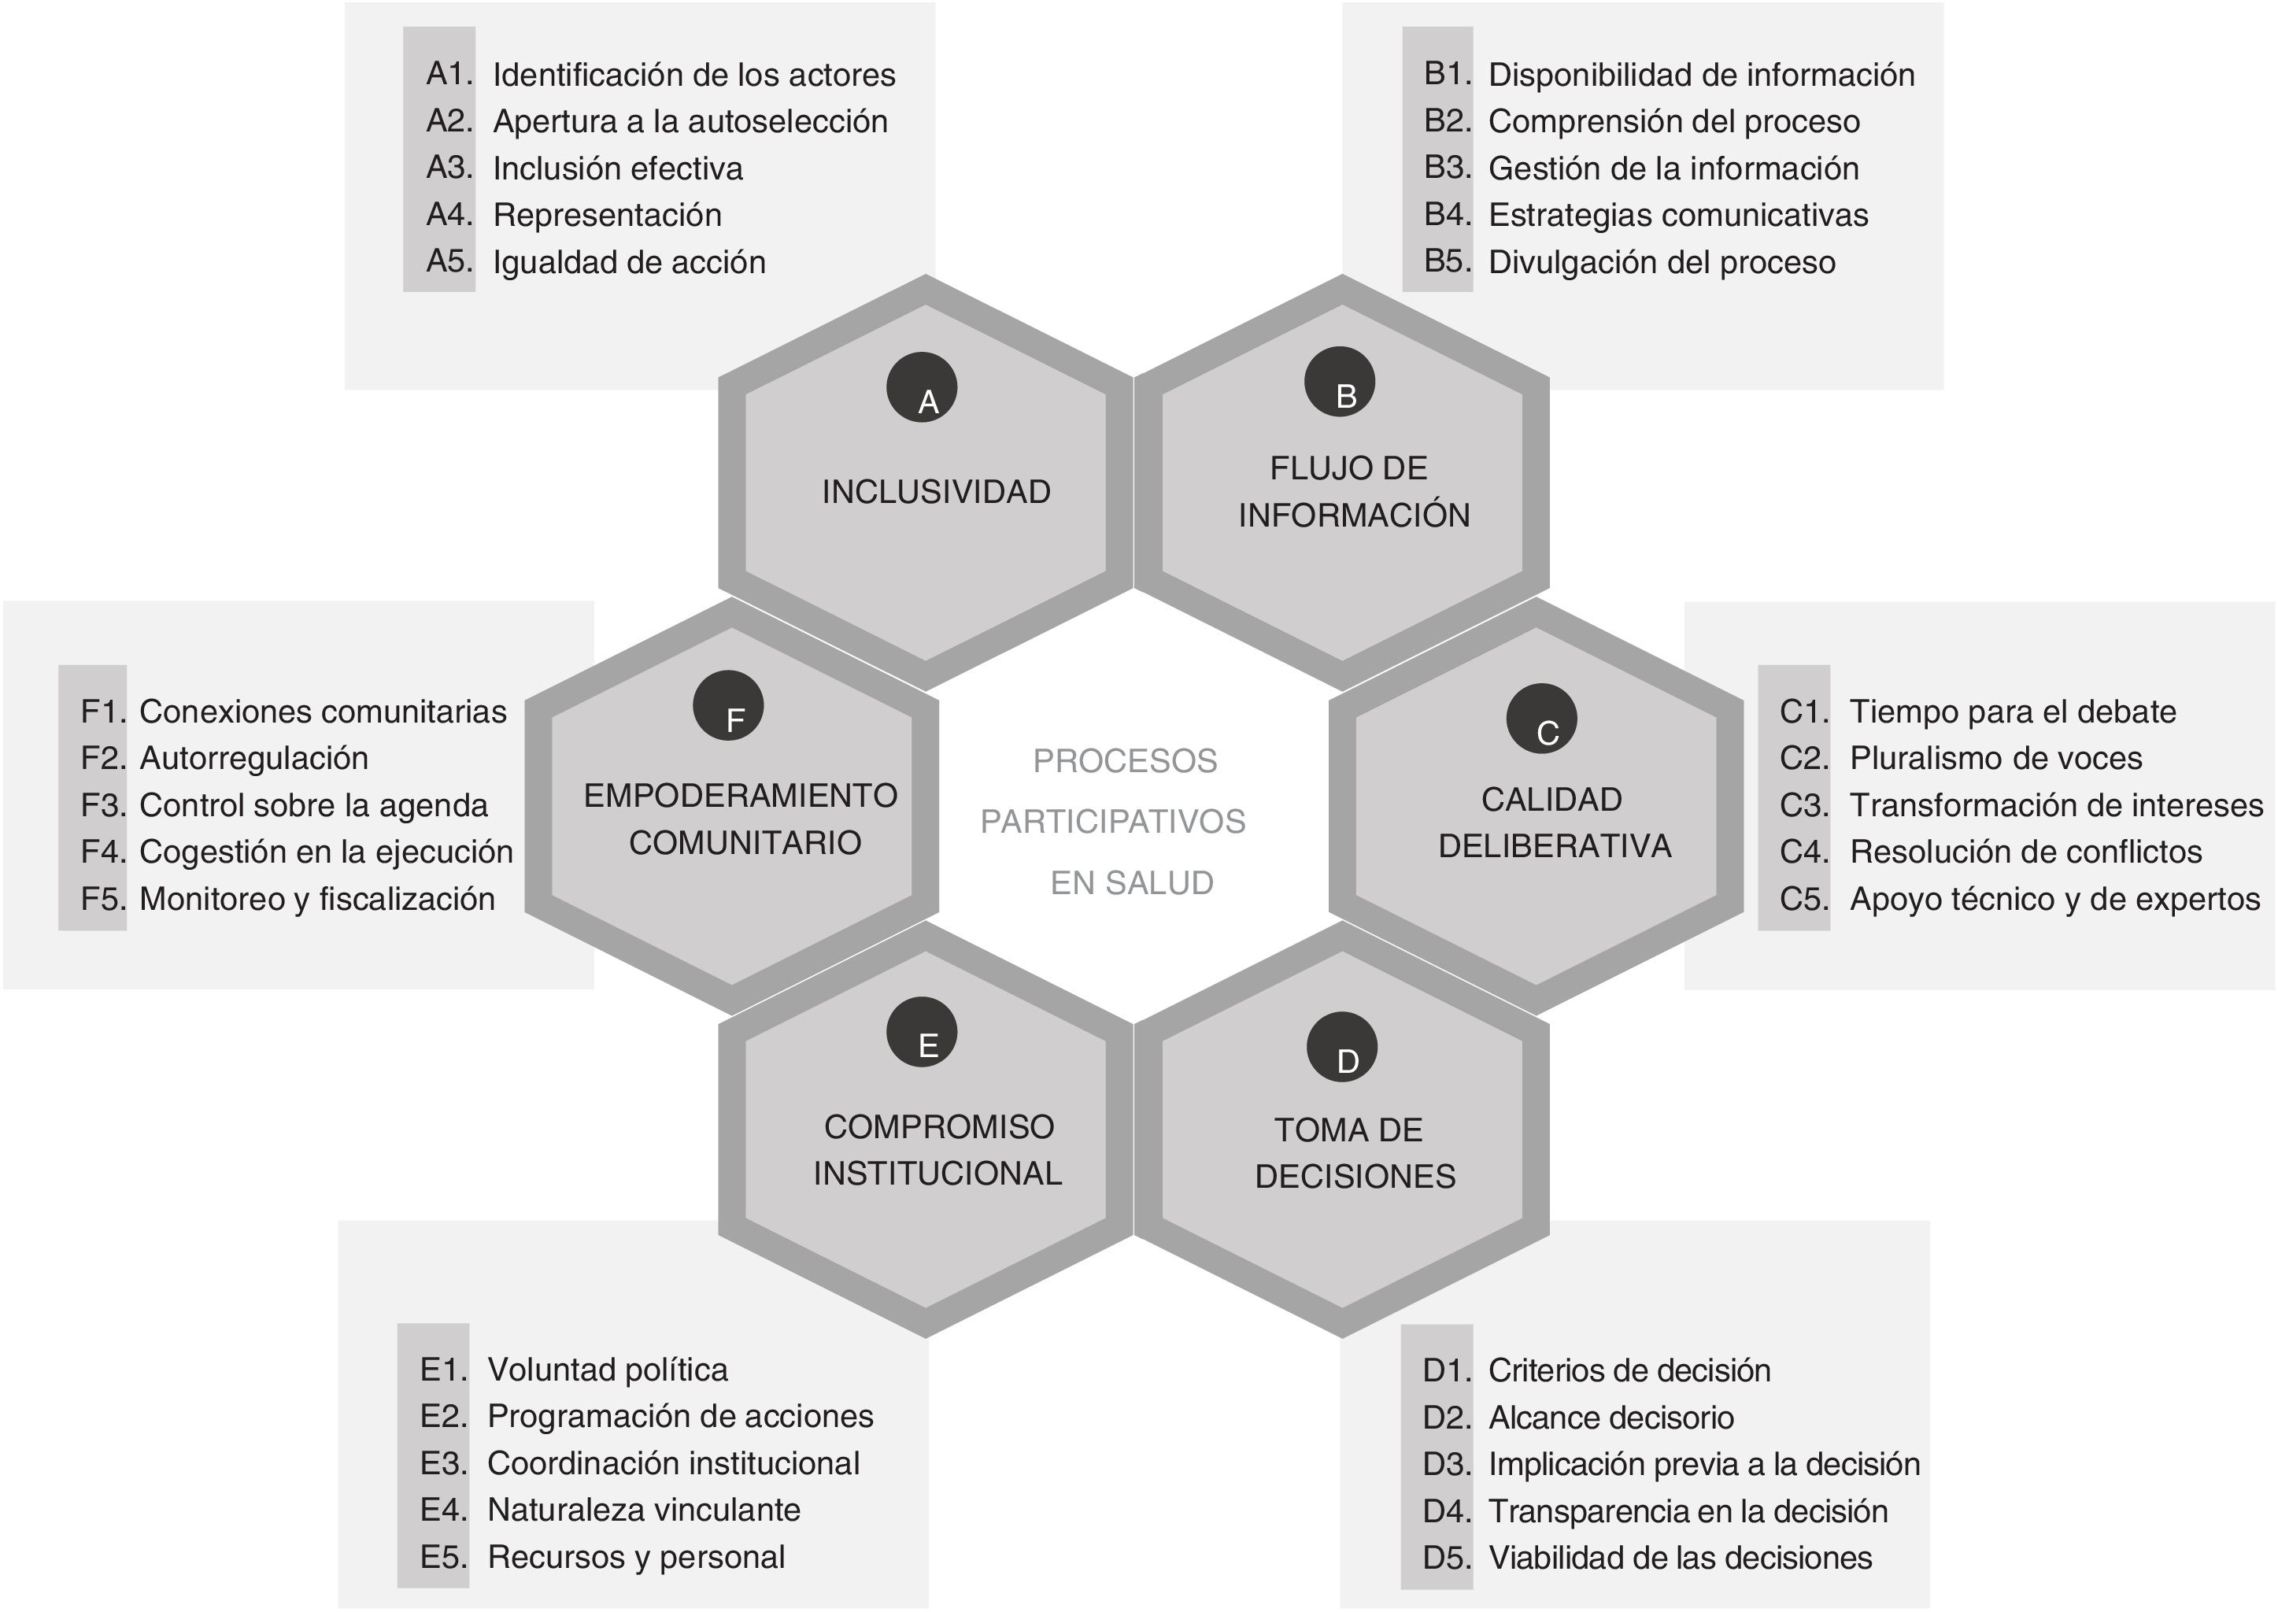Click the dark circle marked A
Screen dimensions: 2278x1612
click(921, 388)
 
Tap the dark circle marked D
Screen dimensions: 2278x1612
click(1341, 1047)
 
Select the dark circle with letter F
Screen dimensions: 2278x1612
click(729, 706)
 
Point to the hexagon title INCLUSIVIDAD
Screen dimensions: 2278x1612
click(936, 492)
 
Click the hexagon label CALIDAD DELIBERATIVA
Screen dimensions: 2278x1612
click(1553, 823)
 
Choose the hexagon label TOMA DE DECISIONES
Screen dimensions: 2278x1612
click(1354, 1153)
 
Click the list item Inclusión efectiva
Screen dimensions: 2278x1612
click(617, 168)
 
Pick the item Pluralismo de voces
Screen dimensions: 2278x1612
click(1995, 758)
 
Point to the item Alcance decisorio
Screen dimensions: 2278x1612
click(1610, 1418)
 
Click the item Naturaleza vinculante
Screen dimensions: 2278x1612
click(643, 1510)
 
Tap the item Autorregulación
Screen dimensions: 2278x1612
click(254, 758)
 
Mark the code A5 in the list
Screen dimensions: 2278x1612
click(449, 261)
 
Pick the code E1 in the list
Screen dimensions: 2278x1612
click(442, 1370)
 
